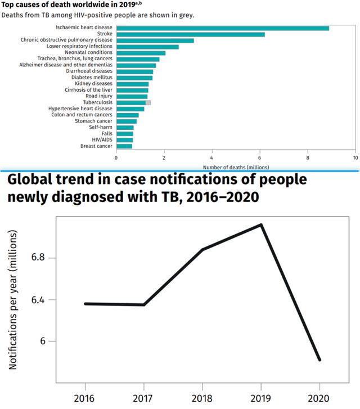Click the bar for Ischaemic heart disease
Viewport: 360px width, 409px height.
pyautogui.click(x=222, y=28)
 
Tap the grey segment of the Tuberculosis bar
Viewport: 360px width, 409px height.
pyautogui.click(x=148, y=102)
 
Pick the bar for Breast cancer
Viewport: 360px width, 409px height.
pyautogui.click(x=124, y=146)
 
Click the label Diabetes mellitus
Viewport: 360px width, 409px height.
pyautogui.click(x=92, y=78)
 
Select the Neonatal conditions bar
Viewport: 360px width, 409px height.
pyautogui.click(x=141, y=53)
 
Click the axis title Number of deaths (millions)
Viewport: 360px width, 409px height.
pyautogui.click(x=236, y=167)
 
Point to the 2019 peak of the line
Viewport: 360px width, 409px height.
pyautogui.click(x=261, y=225)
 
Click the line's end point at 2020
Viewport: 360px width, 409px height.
pyautogui.click(x=319, y=359)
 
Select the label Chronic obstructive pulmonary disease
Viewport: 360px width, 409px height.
pyautogui.click(x=67, y=41)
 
